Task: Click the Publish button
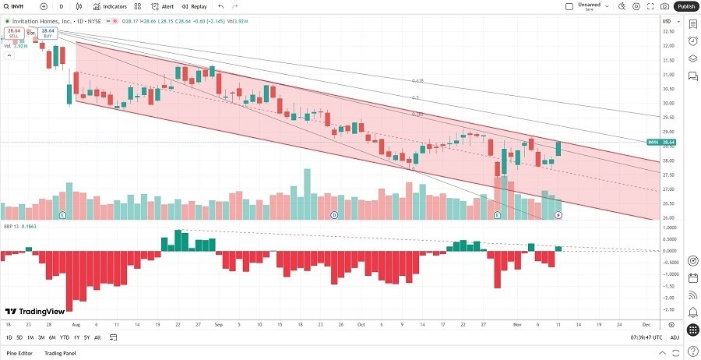click(x=686, y=6)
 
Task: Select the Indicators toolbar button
click(x=110, y=6)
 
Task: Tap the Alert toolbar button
click(x=163, y=6)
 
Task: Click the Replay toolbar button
click(x=196, y=6)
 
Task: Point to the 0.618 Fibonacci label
click(x=417, y=80)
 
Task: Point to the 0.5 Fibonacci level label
click(x=415, y=97)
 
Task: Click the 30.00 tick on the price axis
click(x=667, y=103)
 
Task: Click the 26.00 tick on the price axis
click(x=667, y=218)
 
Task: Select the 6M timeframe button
click(x=51, y=337)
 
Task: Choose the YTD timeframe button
click(x=64, y=337)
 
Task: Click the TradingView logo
click(x=35, y=309)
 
